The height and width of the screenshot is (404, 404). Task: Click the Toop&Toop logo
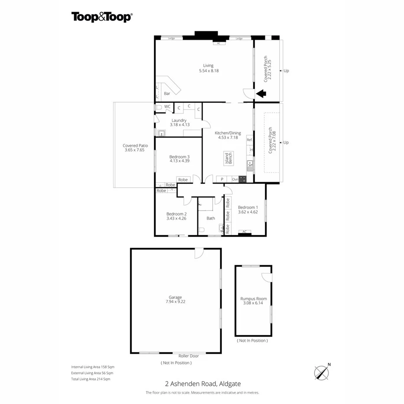click(x=102, y=17)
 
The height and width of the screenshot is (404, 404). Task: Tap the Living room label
click(x=208, y=65)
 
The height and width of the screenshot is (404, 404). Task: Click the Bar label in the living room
click(x=167, y=93)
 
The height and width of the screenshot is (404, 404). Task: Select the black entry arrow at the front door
click(x=261, y=93)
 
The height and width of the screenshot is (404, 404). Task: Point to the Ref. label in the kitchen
click(x=249, y=140)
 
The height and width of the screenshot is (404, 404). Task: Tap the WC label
click(x=167, y=106)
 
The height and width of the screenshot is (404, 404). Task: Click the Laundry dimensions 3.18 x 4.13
click(x=179, y=125)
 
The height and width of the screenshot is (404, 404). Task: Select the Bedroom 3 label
click(x=179, y=156)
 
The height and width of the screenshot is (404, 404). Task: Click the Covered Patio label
click(x=134, y=146)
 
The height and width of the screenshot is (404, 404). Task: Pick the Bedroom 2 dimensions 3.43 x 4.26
click(x=176, y=218)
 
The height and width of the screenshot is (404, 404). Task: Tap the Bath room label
click(x=211, y=218)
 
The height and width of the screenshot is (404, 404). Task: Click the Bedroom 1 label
click(x=248, y=207)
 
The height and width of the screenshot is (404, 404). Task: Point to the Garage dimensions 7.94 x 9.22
click(x=175, y=302)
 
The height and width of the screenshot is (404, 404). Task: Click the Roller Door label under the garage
click(x=188, y=355)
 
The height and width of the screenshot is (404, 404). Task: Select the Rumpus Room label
click(x=254, y=299)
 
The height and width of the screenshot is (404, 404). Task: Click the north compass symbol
click(x=322, y=372)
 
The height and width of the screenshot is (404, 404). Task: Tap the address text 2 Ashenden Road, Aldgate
click(x=202, y=383)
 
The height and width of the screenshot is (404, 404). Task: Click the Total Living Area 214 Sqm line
click(x=91, y=379)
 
